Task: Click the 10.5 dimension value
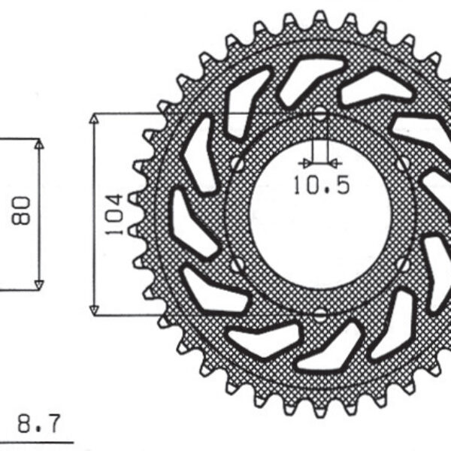[x=322, y=185]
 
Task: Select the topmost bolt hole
[x=320, y=114]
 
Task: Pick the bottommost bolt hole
[x=320, y=313]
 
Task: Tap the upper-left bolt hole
[x=238, y=162]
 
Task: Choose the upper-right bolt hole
[x=404, y=162]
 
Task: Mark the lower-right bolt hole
[x=404, y=264]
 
